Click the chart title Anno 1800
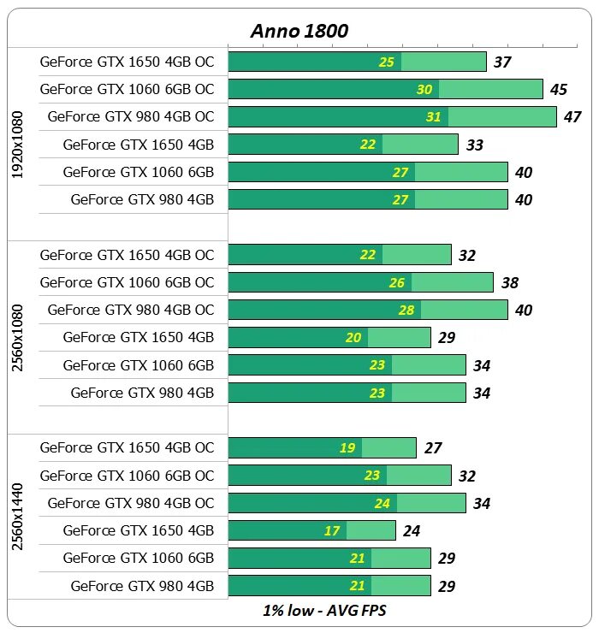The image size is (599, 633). click(299, 31)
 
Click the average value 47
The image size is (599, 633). click(572, 117)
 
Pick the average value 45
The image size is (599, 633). click(559, 90)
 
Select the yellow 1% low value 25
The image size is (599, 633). click(387, 62)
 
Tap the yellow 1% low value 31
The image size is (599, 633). click(434, 117)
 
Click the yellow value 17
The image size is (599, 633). click(332, 531)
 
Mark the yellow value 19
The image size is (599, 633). click(347, 447)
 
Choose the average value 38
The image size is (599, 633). click(509, 283)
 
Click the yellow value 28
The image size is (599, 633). click(406, 310)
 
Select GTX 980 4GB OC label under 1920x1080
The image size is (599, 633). click(131, 116)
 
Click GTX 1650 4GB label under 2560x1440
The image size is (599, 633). click(139, 530)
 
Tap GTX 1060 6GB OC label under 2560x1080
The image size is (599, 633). click(127, 282)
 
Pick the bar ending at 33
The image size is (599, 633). click(343, 145)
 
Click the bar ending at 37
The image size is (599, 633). click(357, 62)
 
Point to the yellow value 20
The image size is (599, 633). click(353, 338)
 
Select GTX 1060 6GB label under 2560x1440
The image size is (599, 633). click(139, 558)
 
